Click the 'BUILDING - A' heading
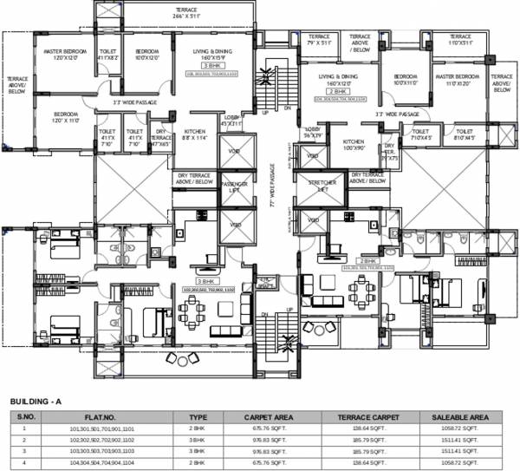(37, 402)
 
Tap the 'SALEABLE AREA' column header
(456, 417)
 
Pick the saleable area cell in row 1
(456, 428)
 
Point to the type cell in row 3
(198, 452)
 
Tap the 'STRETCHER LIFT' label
(317, 185)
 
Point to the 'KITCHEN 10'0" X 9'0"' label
(353, 142)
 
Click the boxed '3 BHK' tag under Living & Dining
(211, 66)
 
